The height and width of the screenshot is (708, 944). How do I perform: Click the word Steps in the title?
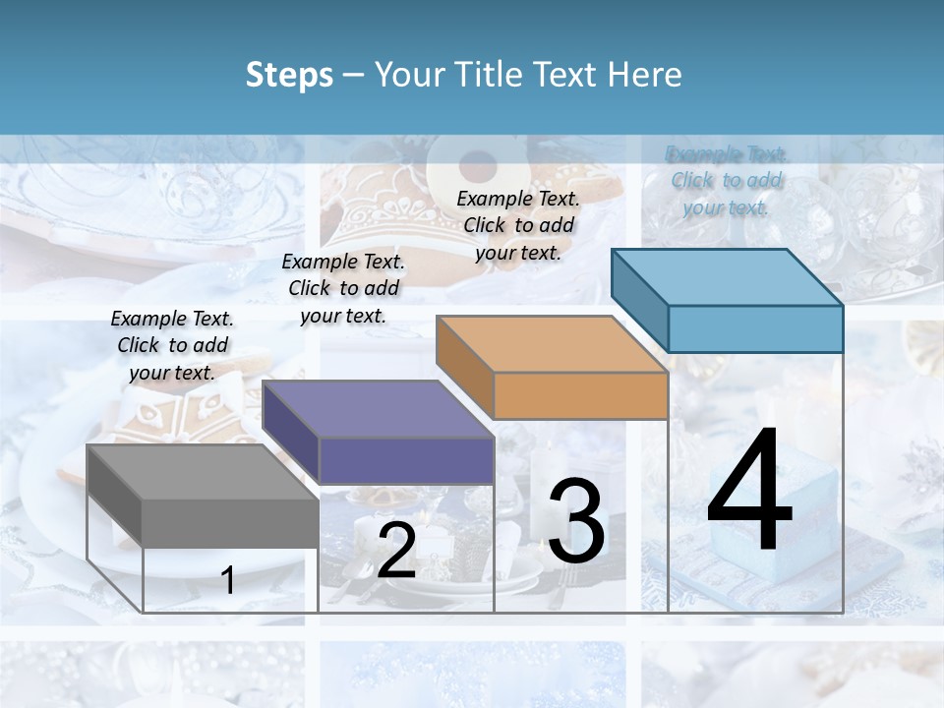pos(289,75)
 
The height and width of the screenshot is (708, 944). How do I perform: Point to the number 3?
pos(575,520)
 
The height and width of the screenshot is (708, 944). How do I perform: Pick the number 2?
pos(396,552)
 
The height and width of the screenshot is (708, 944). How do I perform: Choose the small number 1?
pos(228,580)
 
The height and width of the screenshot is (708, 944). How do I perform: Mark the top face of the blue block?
pos(727,277)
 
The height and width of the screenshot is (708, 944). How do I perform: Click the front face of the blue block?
pos(755,328)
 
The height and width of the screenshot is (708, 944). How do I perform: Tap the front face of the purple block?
pos(406,460)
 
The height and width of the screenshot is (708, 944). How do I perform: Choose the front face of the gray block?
pos(230,522)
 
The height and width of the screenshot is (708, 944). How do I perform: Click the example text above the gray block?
pos(172,345)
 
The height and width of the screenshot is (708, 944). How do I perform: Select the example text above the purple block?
pos(343,288)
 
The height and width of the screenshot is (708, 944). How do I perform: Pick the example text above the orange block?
pos(518,225)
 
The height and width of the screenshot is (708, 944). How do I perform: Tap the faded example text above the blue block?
pos(727,180)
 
